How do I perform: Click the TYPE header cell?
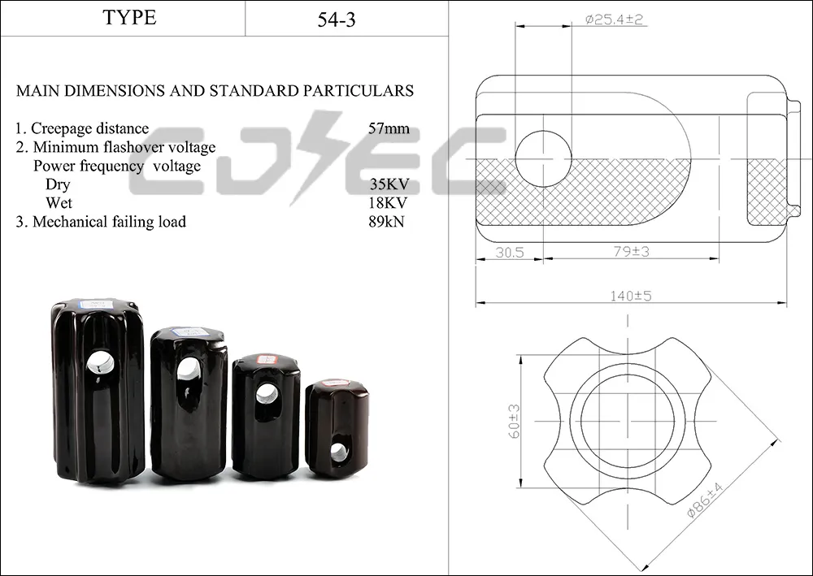[x=129, y=18]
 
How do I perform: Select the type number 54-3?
[x=337, y=19]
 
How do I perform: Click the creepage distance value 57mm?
[x=389, y=128]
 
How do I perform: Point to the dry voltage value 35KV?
[x=389, y=184]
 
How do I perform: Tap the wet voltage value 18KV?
[x=389, y=202]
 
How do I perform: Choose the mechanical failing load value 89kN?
[x=386, y=221]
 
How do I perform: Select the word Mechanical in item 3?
[x=70, y=222]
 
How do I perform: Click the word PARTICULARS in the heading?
[x=359, y=91]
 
